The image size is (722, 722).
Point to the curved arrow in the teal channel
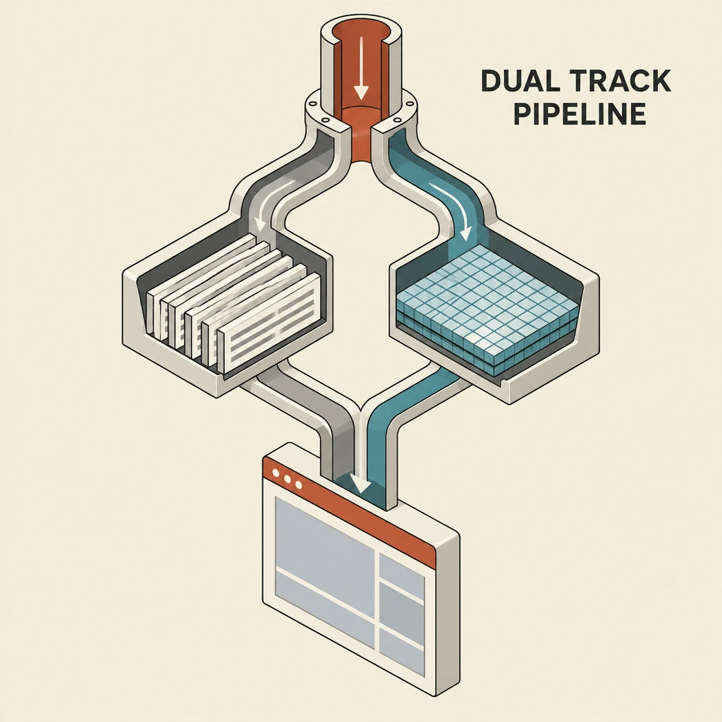[x=453, y=208]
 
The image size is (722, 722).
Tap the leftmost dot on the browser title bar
[x=276, y=473]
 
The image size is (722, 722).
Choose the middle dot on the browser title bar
[x=288, y=479]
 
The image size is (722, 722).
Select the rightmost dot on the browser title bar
[x=299, y=485]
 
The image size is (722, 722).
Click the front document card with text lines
[x=269, y=323]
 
